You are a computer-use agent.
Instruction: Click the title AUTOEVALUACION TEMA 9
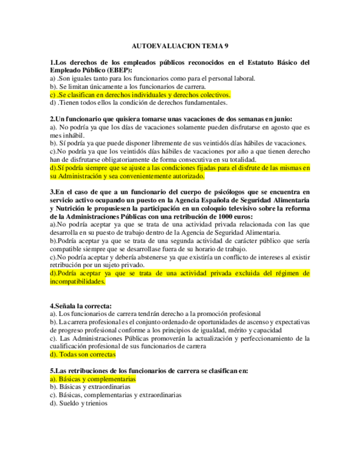(180, 48)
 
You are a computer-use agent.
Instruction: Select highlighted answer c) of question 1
(140, 94)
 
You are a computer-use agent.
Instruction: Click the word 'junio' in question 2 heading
(281, 119)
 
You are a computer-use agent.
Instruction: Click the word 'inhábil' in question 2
(73, 135)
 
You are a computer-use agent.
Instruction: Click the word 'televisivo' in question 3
(226, 208)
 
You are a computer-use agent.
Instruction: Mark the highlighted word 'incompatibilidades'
(77, 281)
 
